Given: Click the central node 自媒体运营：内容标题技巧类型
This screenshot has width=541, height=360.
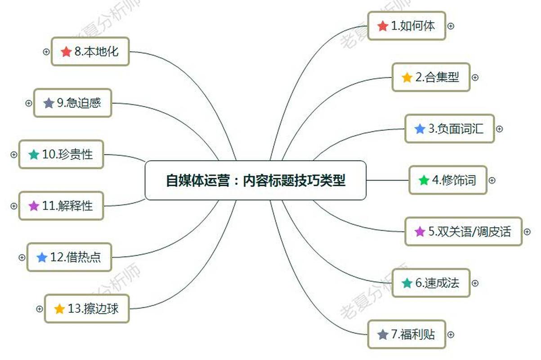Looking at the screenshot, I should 255,180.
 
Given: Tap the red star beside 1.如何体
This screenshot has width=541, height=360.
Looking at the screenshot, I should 383,26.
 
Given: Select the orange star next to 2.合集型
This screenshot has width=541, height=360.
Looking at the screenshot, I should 407,77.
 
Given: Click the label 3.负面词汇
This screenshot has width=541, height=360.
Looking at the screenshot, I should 456,129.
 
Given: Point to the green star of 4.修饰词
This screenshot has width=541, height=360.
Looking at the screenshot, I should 424,180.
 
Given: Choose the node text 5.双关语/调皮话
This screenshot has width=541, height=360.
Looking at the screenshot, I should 469,232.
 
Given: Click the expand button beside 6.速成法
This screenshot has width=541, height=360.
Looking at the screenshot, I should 475,283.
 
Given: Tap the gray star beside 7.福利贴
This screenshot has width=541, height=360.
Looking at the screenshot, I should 383,335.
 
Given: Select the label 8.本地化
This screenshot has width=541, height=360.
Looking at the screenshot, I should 96,52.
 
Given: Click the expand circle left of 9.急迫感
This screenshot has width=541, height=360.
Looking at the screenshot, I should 29,103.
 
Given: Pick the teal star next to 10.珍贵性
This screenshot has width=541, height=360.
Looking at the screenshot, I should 34,155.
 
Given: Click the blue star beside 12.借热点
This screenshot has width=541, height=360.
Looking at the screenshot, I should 42,257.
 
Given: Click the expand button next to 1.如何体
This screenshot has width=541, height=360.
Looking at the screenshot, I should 451,26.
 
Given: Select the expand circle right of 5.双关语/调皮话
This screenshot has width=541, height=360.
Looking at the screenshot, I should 528,232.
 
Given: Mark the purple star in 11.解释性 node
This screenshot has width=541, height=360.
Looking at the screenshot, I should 34,206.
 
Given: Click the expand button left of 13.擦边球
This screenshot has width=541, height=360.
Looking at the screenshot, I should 39,309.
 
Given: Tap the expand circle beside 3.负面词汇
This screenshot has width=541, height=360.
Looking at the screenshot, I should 499,129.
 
